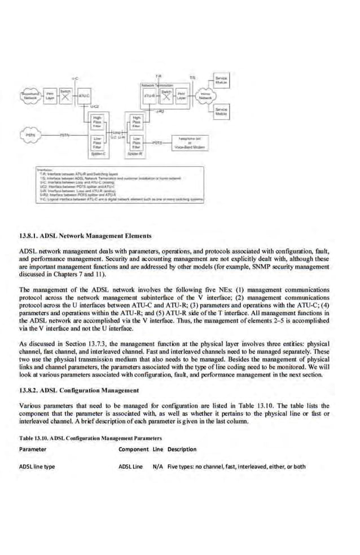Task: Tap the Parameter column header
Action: (x=33, y=449)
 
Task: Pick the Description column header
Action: (x=182, y=449)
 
